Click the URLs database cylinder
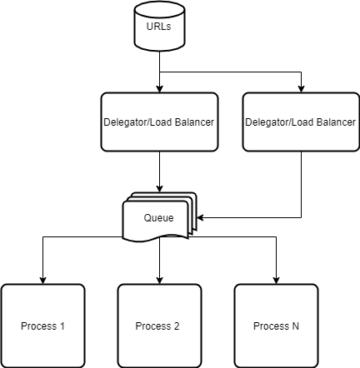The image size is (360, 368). pos(159,26)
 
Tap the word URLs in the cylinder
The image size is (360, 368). pos(158,27)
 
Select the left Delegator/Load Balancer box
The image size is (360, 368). pos(159,122)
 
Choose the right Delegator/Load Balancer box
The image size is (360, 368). pos(301,122)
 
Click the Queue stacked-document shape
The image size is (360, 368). pos(159,217)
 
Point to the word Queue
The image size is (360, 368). pos(158,218)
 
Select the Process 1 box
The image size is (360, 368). pos(42,326)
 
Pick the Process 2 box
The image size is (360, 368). pos(159,326)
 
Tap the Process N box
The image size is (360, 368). pos(276,326)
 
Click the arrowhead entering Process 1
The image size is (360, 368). pos(42,281)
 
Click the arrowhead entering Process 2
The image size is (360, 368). pos(159,281)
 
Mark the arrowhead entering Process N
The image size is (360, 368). pos(276,281)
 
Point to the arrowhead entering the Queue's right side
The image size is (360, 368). pos(200,217)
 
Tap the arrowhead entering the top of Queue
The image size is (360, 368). pos(159,189)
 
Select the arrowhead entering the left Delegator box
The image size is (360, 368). pos(159,89)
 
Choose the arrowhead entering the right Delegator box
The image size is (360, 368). pos(301,89)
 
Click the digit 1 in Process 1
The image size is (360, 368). pos(62,326)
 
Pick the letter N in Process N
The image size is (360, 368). pos(296,326)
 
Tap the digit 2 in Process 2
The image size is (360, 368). pos(177,326)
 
